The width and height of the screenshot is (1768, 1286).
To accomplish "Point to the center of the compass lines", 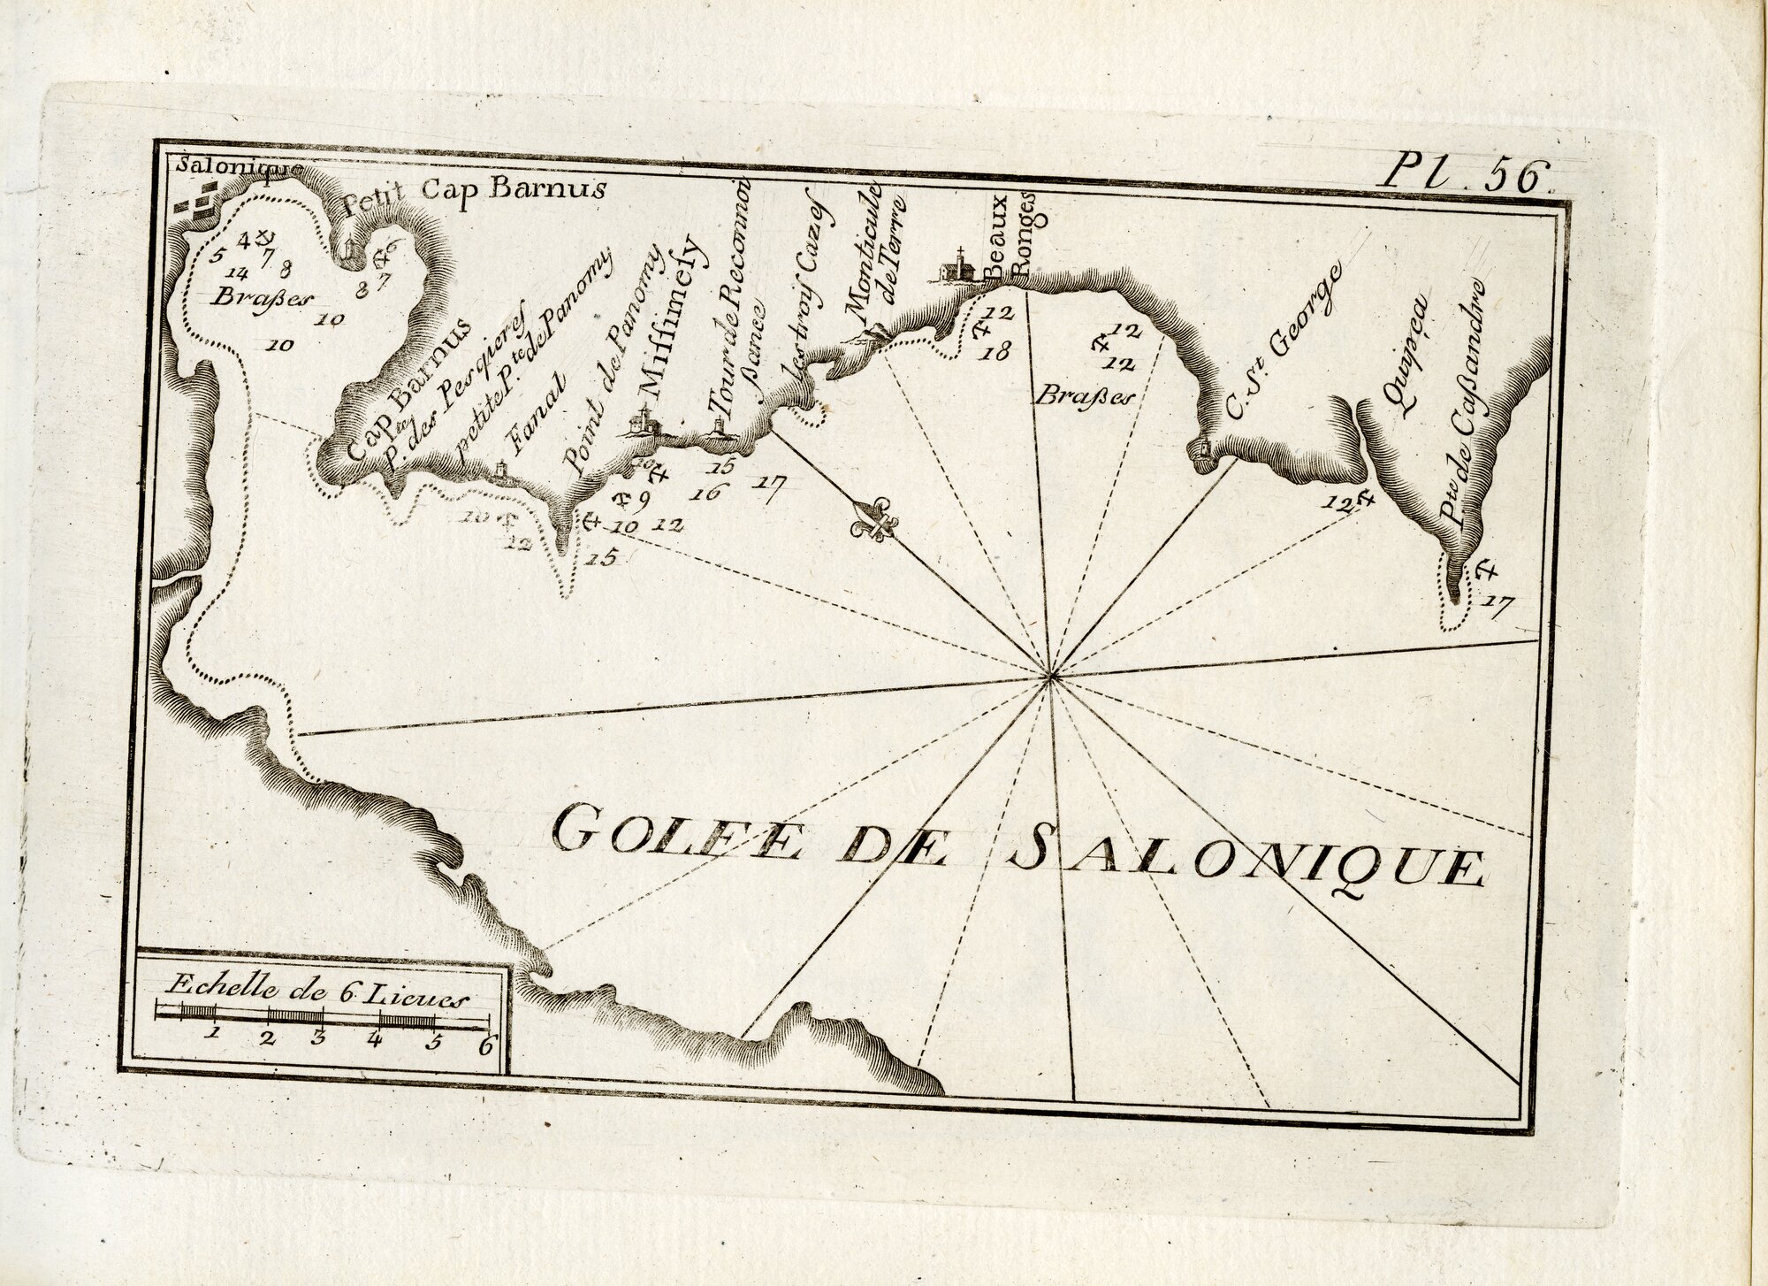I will coord(1050,678).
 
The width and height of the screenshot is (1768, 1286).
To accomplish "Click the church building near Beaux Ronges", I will coord(953,267).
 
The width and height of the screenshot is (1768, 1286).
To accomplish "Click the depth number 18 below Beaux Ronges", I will coord(996,354).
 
